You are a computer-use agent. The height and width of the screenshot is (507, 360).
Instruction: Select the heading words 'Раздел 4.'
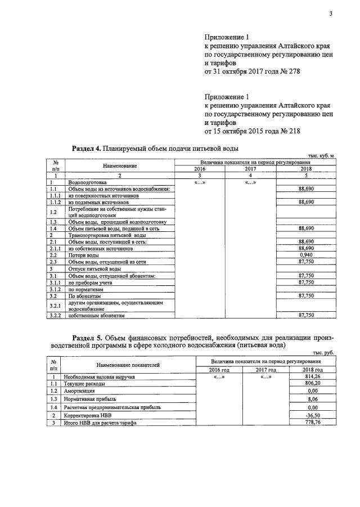[87, 149]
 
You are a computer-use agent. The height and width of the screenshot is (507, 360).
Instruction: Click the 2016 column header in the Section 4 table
[200, 169]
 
